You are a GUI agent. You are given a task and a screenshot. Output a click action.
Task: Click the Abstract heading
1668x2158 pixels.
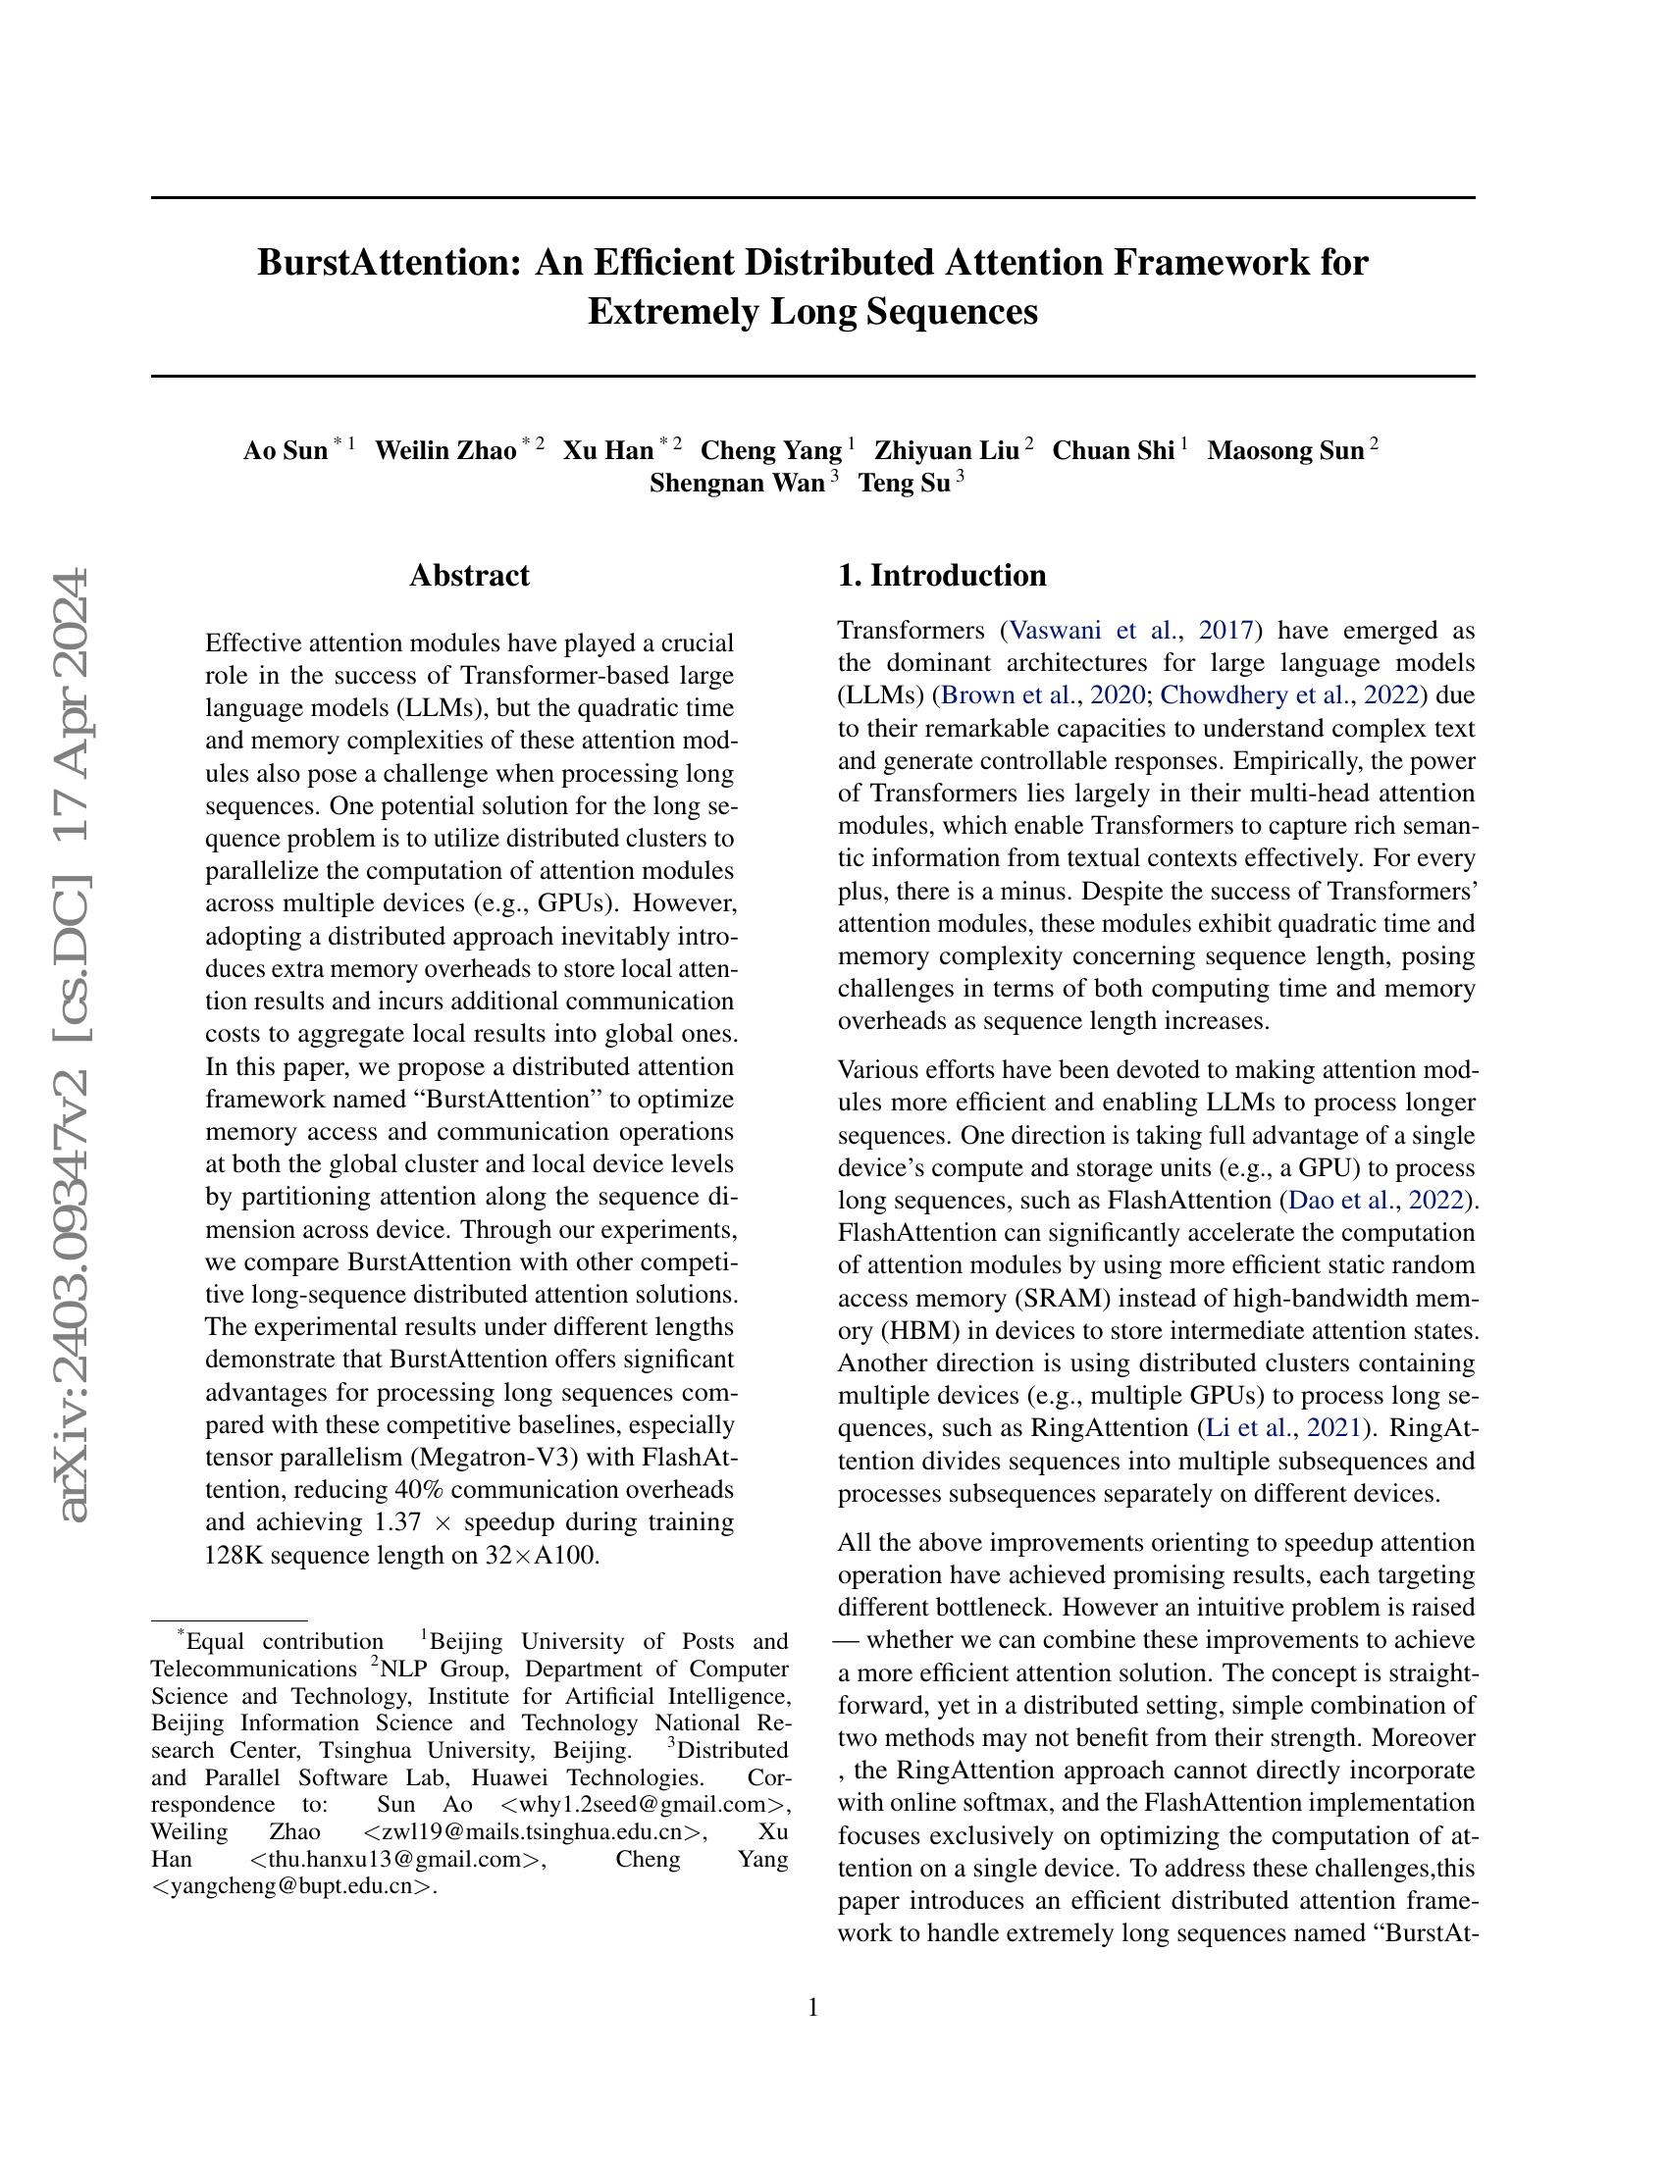[469, 576]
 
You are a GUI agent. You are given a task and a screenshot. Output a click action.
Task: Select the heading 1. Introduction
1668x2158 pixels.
[942, 576]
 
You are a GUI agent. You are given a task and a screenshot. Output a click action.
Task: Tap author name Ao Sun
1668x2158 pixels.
[285, 451]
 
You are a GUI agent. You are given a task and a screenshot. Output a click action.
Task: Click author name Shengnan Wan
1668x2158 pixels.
[736, 484]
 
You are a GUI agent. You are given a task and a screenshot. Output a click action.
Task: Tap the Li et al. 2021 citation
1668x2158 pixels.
[1250, 1428]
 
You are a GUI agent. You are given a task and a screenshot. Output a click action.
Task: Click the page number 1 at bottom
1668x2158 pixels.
[813, 2008]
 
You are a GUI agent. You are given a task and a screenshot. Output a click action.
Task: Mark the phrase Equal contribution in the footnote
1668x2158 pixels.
[285, 1642]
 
